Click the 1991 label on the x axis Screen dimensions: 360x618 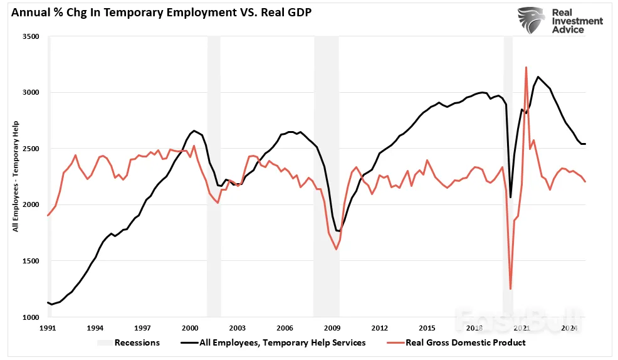[48, 328]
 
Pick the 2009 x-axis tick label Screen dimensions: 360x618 [332, 328]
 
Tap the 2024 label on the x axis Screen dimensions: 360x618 [569, 328]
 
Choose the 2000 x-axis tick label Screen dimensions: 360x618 [190, 328]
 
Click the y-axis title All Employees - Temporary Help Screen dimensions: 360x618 [15, 176]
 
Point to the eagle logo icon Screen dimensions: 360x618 [530, 21]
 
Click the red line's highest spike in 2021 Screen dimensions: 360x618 [526, 67]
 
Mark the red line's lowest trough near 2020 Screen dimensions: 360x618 [510, 289]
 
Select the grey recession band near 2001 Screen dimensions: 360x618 [214, 176]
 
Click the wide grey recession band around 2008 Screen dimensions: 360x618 [326, 176]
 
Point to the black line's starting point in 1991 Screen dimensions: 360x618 [48, 302]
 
